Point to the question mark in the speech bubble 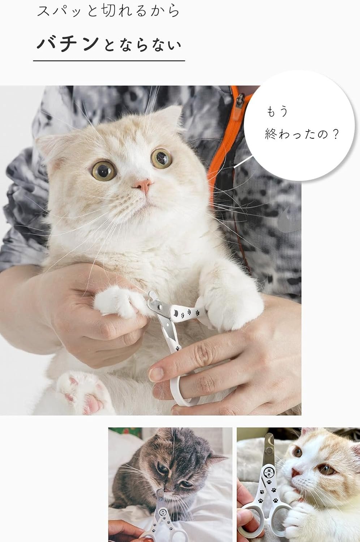pyautogui.click(x=335, y=134)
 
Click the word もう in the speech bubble pyautogui.click(x=278, y=112)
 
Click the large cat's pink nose pyautogui.click(x=143, y=186)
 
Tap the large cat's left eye pyautogui.click(x=104, y=171)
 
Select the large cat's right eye pyautogui.click(x=161, y=159)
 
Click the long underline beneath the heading pyautogui.click(x=109, y=60)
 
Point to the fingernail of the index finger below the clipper pyautogui.click(x=156, y=374)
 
